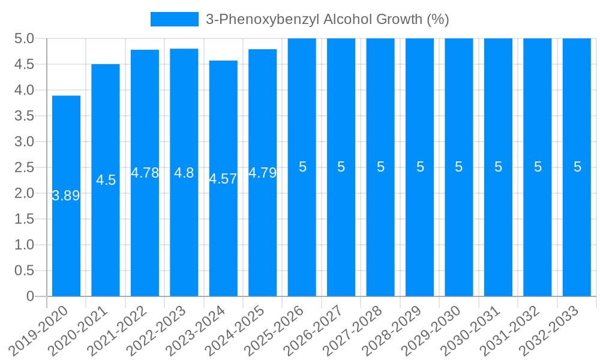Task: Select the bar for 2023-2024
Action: pos(223,240)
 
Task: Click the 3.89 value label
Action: pos(66,196)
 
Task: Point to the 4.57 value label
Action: pos(223,179)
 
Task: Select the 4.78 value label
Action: pos(145,173)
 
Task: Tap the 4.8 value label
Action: pos(184,173)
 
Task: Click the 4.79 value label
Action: pos(262,173)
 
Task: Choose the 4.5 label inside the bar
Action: pos(106,180)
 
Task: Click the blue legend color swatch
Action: pos(174,19)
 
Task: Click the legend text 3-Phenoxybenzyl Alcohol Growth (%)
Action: pos(327,19)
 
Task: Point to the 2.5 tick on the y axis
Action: pos(24,167)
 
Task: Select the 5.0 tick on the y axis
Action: pos(24,39)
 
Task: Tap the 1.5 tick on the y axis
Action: pos(24,219)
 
